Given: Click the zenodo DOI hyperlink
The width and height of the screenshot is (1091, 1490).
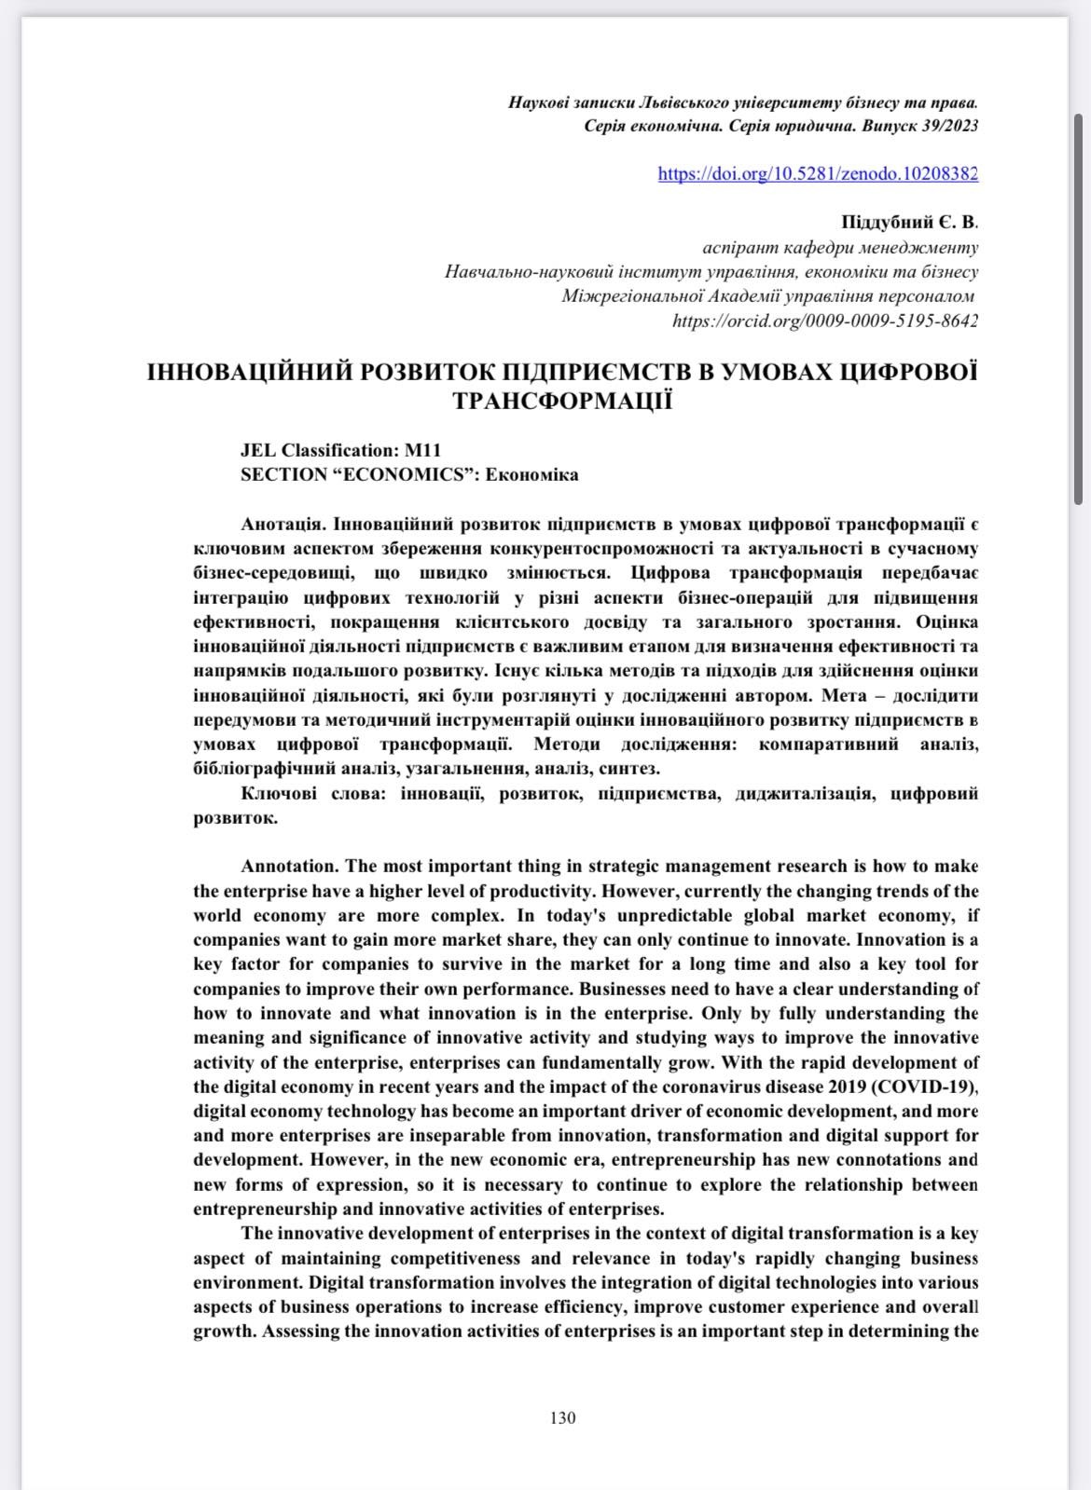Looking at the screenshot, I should coord(818,173).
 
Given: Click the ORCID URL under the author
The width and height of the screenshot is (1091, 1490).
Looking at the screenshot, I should coord(825,321).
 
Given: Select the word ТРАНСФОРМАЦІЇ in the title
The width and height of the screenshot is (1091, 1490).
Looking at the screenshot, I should coord(562,402).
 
